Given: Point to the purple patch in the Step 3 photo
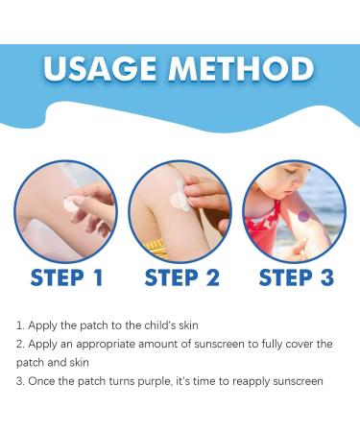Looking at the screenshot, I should [303, 218].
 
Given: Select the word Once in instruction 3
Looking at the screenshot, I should [42, 381].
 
